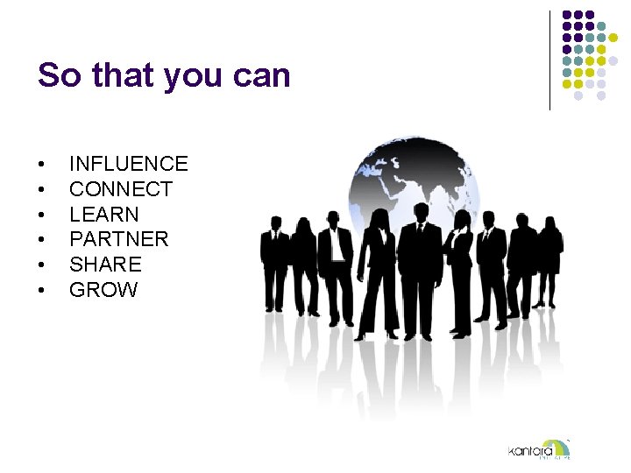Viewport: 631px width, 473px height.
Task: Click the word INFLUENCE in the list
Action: tap(128, 164)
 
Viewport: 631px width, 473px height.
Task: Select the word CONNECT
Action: tap(121, 189)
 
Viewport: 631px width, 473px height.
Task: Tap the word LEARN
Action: tap(103, 214)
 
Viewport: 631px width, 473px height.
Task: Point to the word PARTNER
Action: tap(118, 239)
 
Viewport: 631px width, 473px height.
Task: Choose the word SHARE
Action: tap(105, 265)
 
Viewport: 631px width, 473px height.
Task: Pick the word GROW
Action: tap(103, 290)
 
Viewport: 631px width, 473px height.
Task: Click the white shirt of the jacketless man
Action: tap(336, 250)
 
